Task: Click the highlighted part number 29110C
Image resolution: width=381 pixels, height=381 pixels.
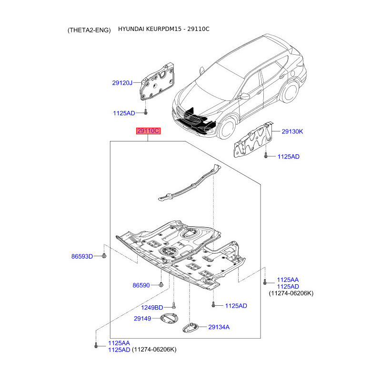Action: click(148, 131)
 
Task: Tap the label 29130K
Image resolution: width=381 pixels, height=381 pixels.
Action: click(292, 131)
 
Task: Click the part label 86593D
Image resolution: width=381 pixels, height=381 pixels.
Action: click(82, 256)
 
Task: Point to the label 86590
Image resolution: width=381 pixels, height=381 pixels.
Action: click(141, 285)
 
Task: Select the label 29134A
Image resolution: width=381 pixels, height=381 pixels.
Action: click(219, 327)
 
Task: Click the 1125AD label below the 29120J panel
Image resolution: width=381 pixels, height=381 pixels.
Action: click(124, 113)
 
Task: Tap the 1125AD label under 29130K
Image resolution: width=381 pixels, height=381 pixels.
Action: click(288, 157)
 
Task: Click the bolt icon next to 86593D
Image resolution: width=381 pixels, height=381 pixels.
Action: click(104, 256)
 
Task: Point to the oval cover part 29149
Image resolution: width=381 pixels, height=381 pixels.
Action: click(170, 319)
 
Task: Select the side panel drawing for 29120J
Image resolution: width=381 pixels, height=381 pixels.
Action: click(157, 83)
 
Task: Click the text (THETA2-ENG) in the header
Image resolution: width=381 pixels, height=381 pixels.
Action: click(89, 30)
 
